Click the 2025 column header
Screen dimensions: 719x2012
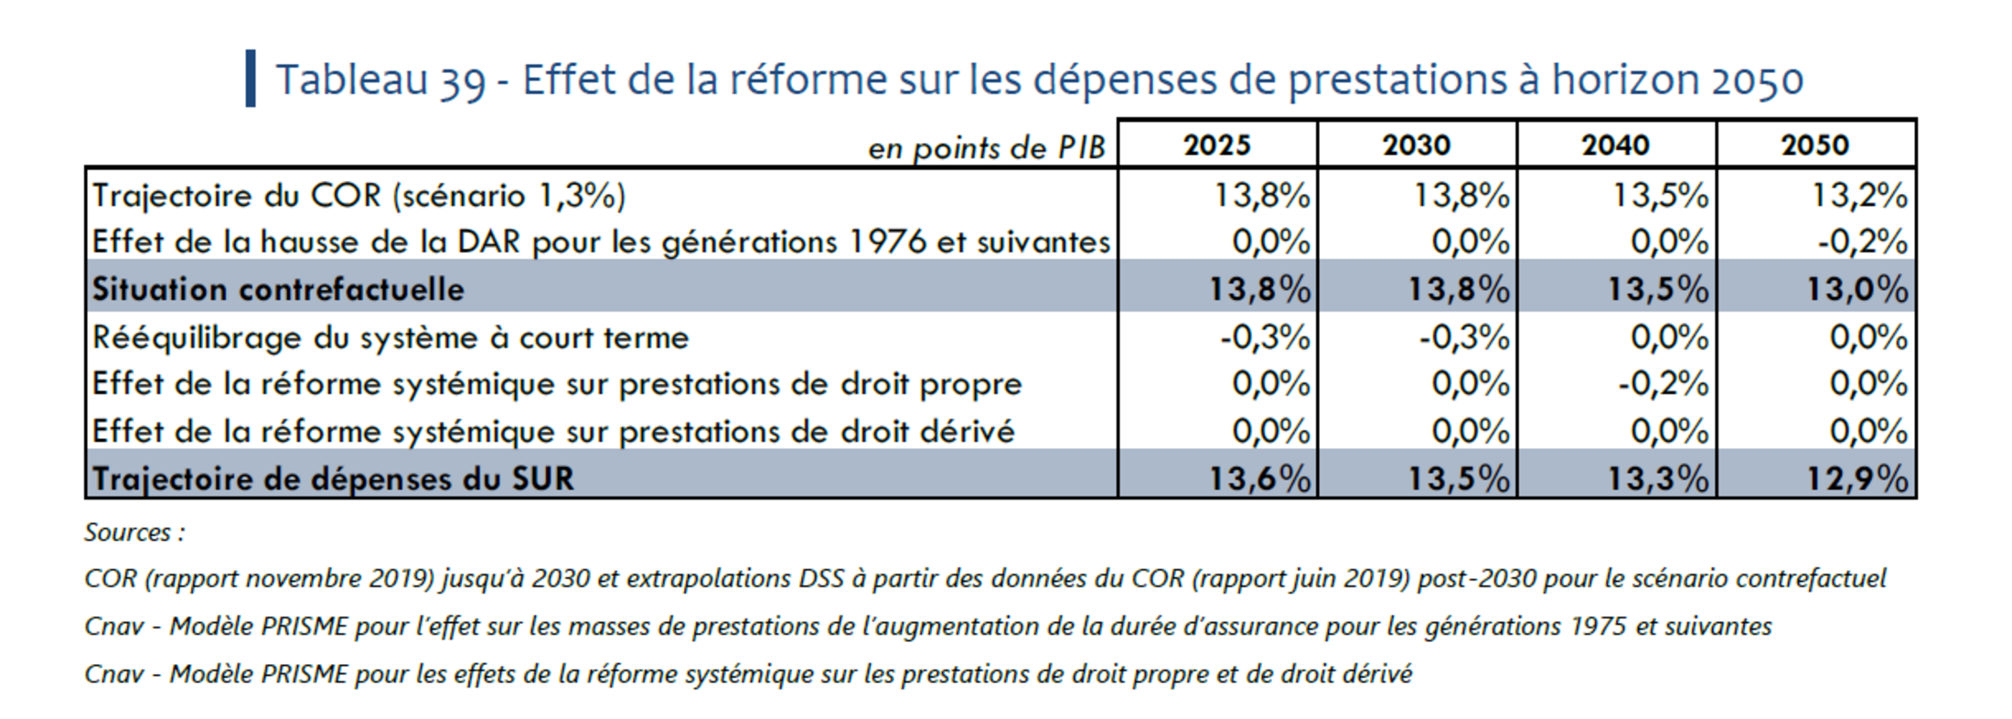(1216, 145)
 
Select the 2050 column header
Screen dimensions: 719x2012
(1815, 145)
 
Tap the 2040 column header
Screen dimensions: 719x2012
(1616, 145)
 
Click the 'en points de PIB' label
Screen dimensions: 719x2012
(986, 148)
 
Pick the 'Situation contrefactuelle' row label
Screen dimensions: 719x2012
(278, 289)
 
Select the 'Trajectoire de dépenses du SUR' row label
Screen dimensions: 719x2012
(333, 478)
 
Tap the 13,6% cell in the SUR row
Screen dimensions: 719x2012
(1259, 478)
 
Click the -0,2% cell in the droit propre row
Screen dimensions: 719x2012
(1663, 384)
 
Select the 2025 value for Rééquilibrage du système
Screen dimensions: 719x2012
(1265, 338)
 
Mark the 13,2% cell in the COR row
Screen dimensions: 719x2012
(1859, 195)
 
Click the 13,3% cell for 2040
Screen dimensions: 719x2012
(1658, 478)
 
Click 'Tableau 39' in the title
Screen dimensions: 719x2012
(380, 80)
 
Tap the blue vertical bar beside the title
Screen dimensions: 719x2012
(251, 79)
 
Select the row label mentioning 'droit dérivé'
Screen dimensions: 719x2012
(553, 432)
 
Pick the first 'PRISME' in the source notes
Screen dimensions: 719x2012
(304, 627)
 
